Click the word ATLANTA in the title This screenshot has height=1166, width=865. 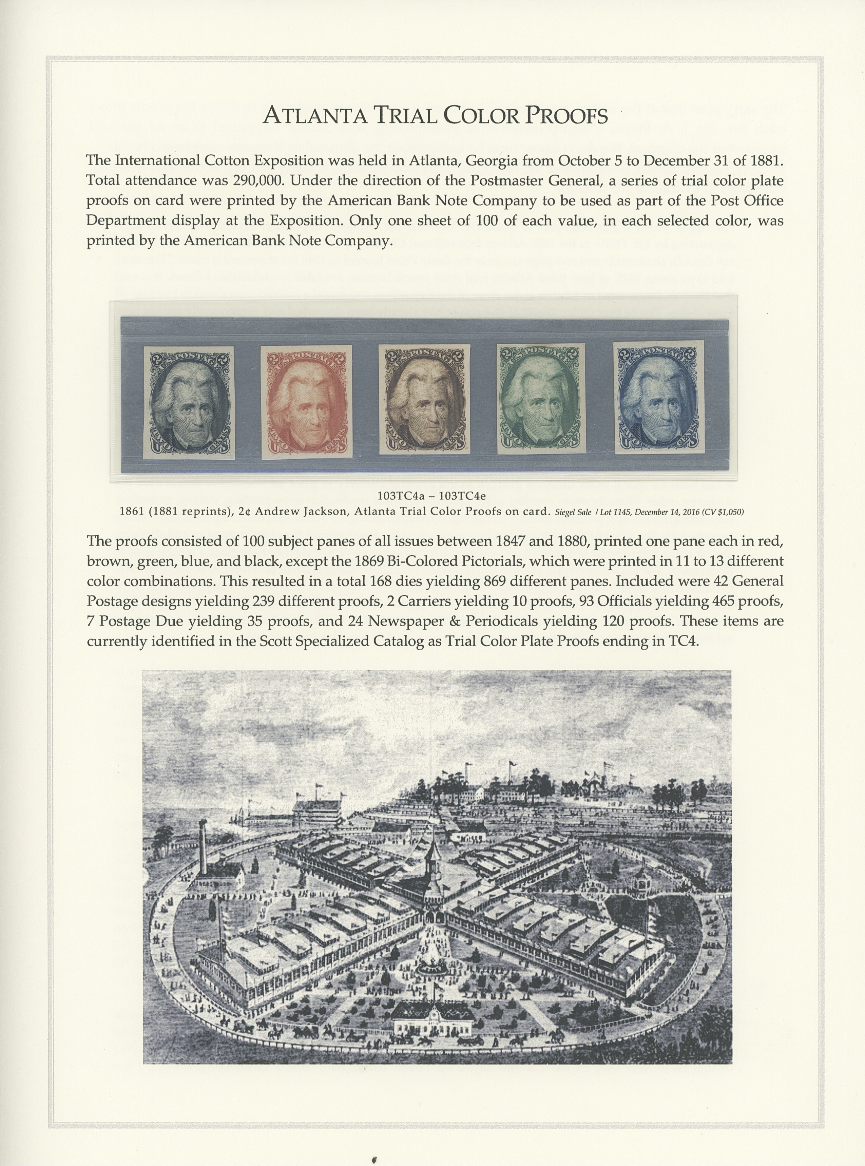(315, 115)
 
